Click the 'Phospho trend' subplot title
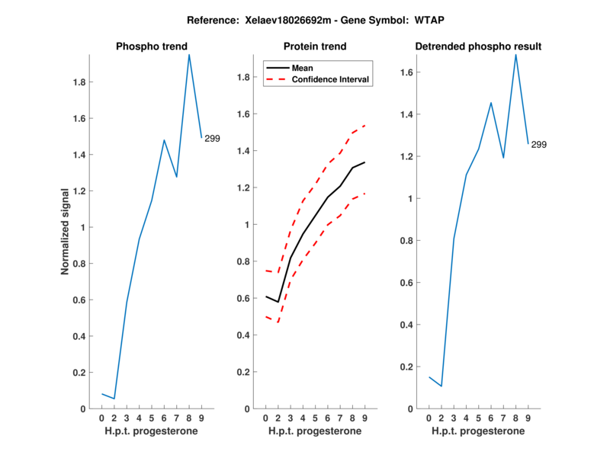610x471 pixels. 151,46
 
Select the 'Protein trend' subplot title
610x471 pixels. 314,46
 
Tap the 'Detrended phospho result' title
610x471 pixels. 478,46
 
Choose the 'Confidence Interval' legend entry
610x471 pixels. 331,79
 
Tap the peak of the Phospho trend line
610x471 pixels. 189,54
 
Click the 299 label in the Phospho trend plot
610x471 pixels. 212,138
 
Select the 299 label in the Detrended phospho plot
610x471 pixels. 538,145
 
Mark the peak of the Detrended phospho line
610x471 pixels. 515,54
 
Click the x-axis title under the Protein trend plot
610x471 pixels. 314,431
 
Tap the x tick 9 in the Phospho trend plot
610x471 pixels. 201,418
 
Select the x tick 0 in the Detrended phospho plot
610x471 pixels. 429,418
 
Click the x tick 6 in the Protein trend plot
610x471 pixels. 328,418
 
